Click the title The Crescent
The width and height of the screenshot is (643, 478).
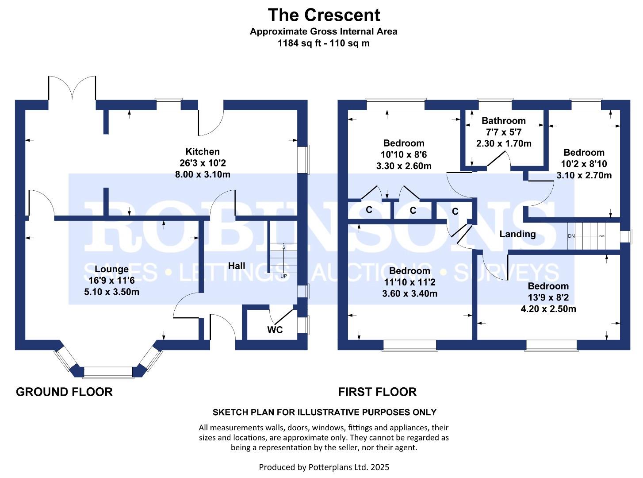(x=324, y=15)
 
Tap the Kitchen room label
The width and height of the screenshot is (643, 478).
(x=203, y=151)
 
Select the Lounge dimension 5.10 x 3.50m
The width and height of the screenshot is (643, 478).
(x=111, y=292)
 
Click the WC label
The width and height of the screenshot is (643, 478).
(x=275, y=330)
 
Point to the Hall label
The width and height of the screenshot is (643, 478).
(x=237, y=266)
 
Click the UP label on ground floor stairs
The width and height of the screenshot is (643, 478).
(x=283, y=276)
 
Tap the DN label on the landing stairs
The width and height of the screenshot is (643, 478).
(x=571, y=236)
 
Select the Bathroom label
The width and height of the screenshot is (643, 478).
(x=503, y=120)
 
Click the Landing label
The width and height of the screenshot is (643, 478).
(x=517, y=234)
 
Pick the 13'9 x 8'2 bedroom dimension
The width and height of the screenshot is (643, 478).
(x=548, y=297)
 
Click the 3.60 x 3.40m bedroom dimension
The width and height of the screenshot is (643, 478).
(x=410, y=293)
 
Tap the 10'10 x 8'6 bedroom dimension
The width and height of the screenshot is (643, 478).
(x=403, y=154)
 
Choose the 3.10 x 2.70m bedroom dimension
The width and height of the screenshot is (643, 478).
(x=584, y=175)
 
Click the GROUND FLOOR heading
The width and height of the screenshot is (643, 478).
(x=64, y=392)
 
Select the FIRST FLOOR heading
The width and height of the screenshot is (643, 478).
(x=377, y=392)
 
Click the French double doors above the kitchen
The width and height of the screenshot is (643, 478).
(x=72, y=89)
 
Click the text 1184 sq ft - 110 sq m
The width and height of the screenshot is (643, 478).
(x=323, y=43)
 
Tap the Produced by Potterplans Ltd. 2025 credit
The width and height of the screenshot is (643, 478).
(x=324, y=467)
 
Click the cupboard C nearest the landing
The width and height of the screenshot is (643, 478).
(x=455, y=212)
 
